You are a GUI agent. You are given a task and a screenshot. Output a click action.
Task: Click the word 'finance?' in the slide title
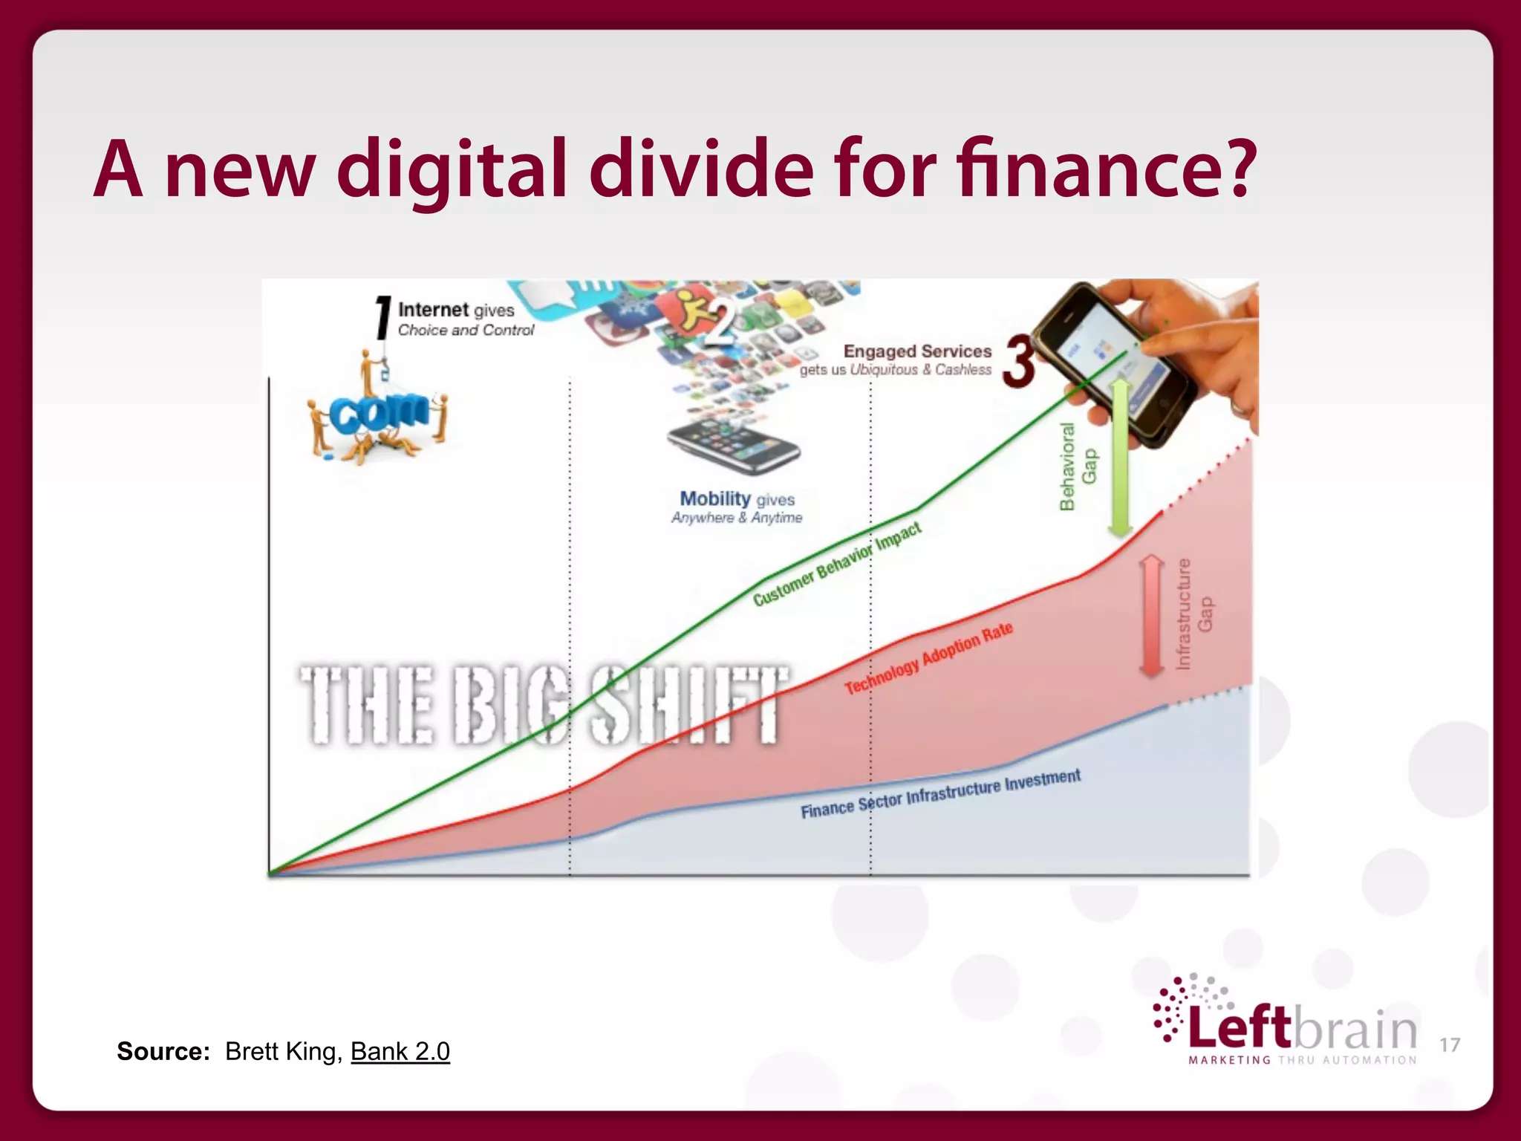(x=1107, y=169)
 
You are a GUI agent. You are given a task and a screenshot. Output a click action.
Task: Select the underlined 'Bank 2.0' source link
(x=400, y=1051)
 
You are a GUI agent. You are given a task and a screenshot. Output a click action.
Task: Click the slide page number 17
(x=1450, y=1045)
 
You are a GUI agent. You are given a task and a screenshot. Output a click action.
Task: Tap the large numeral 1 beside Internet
(x=382, y=317)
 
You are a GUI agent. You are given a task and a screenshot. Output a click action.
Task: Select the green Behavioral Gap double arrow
(x=1120, y=458)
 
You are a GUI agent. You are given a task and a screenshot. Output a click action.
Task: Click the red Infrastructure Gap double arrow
(x=1151, y=616)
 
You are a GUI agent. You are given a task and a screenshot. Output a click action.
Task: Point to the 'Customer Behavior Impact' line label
(x=837, y=564)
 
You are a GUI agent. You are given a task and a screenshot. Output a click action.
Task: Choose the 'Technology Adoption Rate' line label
(x=928, y=658)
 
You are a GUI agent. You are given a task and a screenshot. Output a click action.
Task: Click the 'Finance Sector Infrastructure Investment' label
(x=940, y=794)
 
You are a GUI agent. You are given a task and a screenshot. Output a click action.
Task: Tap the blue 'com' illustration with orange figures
(x=377, y=413)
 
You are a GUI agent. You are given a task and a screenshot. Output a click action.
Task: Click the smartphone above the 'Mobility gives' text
(x=733, y=445)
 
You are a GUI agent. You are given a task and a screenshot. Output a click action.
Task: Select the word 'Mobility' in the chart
(x=715, y=498)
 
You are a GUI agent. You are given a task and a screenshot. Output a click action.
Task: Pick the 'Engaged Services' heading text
(x=917, y=351)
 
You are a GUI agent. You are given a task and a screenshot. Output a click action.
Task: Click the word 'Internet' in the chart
(x=434, y=309)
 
